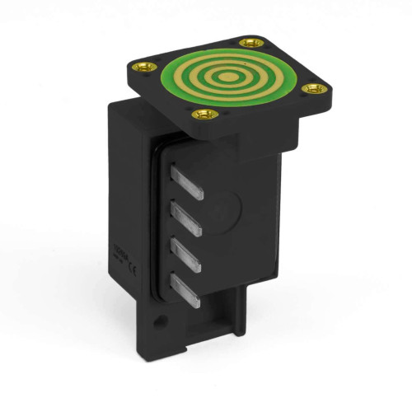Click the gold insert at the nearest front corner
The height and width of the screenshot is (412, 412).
tap(199, 115)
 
